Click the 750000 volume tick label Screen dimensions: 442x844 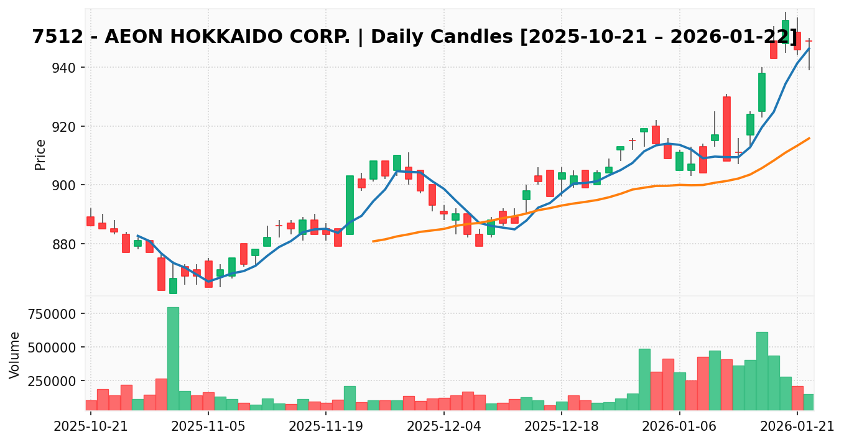pos(49,313)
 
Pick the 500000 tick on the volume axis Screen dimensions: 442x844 pos(49,347)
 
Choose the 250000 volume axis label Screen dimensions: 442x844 pos(49,380)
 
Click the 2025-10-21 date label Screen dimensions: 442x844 pos(90,426)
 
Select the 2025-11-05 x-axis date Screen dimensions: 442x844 pos(208,426)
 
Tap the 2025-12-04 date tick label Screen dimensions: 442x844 pos(443,426)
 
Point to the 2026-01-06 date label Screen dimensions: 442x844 pos(679,426)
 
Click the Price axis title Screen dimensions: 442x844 pos(40,154)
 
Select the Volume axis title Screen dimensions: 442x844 pos(15,354)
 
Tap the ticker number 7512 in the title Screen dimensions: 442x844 pos(58,37)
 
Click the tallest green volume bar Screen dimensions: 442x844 pos(173,358)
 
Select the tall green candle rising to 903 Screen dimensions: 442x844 pos(350,205)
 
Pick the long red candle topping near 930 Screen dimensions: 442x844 pos(726,129)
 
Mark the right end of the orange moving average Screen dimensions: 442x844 pos(809,138)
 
